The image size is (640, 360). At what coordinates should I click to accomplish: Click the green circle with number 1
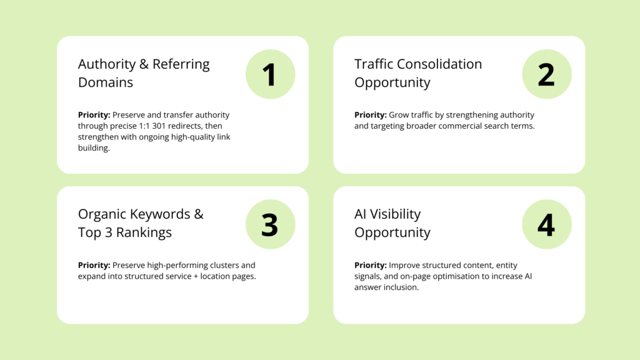270,74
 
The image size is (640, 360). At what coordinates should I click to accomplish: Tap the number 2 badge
547,74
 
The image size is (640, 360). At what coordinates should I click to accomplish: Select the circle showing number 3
270,224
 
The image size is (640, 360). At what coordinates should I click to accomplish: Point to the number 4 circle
547,224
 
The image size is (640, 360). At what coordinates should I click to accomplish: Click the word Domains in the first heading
106,82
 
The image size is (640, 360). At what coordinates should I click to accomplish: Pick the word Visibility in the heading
396,214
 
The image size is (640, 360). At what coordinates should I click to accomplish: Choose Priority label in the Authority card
94,115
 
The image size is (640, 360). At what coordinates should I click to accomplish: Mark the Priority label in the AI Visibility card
370,266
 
